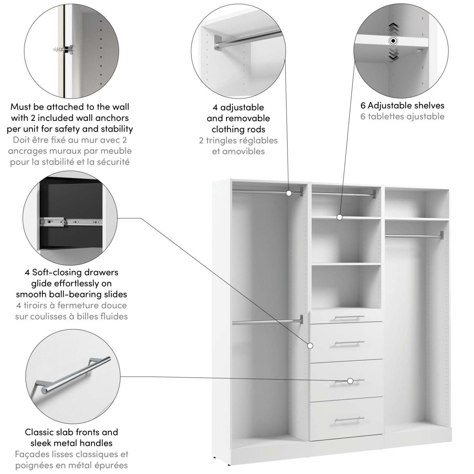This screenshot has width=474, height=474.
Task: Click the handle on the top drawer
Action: coord(349,318)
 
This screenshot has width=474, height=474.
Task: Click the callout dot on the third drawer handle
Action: coord(350,381)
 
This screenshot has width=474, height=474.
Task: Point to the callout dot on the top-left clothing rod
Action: coord(289,193)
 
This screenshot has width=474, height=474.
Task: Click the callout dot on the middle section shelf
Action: coord(340,217)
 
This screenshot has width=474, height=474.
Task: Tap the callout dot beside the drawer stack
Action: coord(310,345)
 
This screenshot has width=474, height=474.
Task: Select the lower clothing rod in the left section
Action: coord(266,321)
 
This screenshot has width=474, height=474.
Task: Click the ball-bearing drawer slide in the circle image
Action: coord(71,222)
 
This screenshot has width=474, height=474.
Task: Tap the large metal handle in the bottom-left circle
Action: coord(72,375)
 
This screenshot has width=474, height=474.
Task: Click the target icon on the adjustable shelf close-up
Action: coord(393,41)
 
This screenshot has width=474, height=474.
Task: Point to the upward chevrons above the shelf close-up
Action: coord(393,29)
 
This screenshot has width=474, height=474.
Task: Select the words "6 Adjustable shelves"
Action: coord(402,105)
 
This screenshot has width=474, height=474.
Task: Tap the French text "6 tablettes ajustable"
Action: coord(402,116)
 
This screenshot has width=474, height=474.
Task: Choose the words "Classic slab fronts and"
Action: coord(71,432)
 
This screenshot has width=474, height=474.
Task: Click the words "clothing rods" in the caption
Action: coord(238,129)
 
